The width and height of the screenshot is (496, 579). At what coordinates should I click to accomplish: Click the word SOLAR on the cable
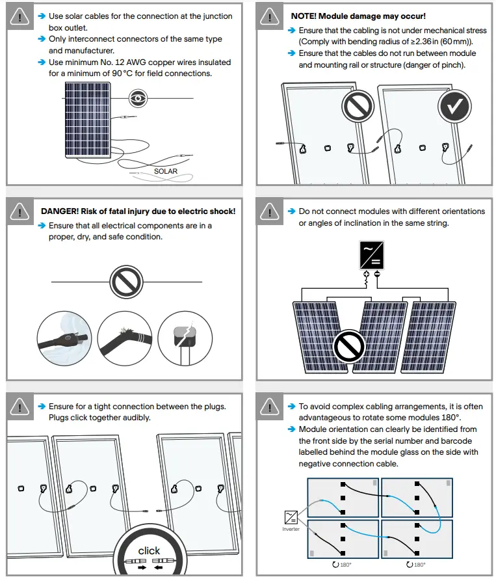coord(166,172)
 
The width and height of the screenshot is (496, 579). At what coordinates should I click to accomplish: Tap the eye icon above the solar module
coord(138,98)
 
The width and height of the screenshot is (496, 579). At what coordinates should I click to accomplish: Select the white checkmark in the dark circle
coord(454,107)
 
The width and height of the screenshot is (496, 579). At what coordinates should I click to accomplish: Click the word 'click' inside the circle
coord(149,550)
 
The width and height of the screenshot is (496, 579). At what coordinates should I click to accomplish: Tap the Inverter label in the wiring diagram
coord(291,529)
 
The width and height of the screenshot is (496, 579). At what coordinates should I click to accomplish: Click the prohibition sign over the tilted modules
coord(349,347)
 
